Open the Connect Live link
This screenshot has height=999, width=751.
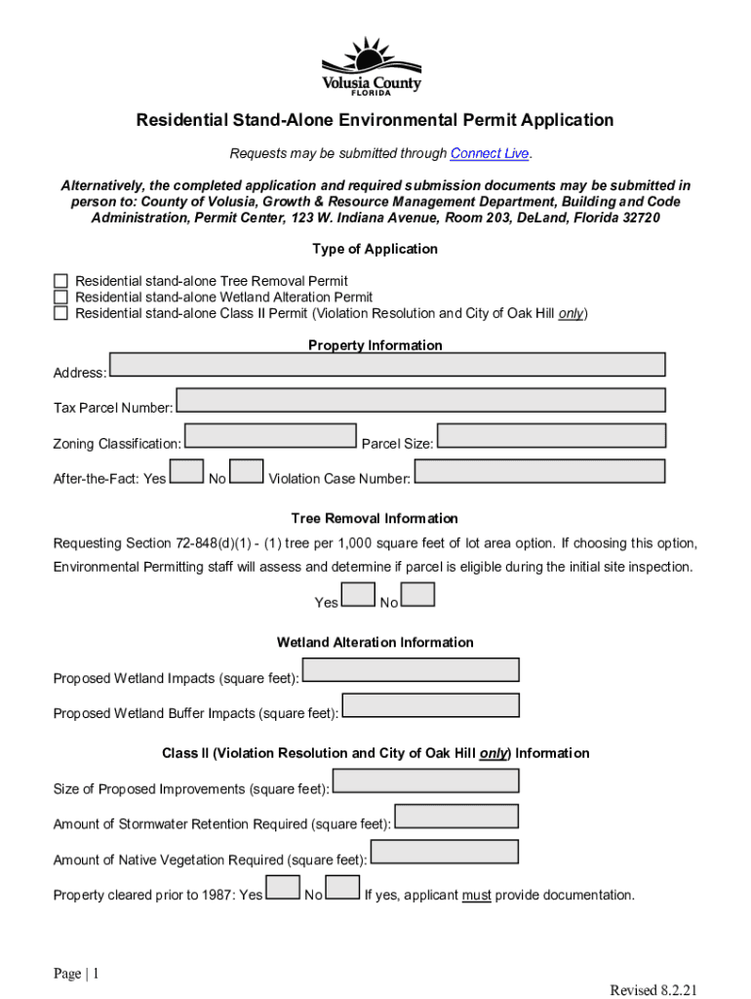[490, 154]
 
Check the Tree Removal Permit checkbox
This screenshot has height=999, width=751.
[60, 281]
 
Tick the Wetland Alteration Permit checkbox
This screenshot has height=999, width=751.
[60, 297]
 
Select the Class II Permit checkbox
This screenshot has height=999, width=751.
[60, 313]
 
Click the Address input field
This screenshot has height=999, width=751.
[387, 365]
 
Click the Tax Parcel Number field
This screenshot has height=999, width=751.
[420, 400]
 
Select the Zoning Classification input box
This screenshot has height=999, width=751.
[270, 435]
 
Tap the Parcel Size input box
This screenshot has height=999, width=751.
[551, 435]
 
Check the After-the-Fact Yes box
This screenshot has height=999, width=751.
[186, 471]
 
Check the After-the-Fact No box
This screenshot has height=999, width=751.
[247, 471]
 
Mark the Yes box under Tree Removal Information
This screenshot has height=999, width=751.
[358, 594]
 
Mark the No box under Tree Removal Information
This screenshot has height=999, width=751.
[418, 594]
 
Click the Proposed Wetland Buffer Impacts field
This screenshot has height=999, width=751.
[430, 705]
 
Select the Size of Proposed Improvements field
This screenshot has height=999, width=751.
[425, 780]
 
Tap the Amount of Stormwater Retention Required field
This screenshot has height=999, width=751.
[455, 816]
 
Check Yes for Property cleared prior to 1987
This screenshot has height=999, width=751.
[283, 887]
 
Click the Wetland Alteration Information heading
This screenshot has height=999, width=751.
[375, 643]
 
